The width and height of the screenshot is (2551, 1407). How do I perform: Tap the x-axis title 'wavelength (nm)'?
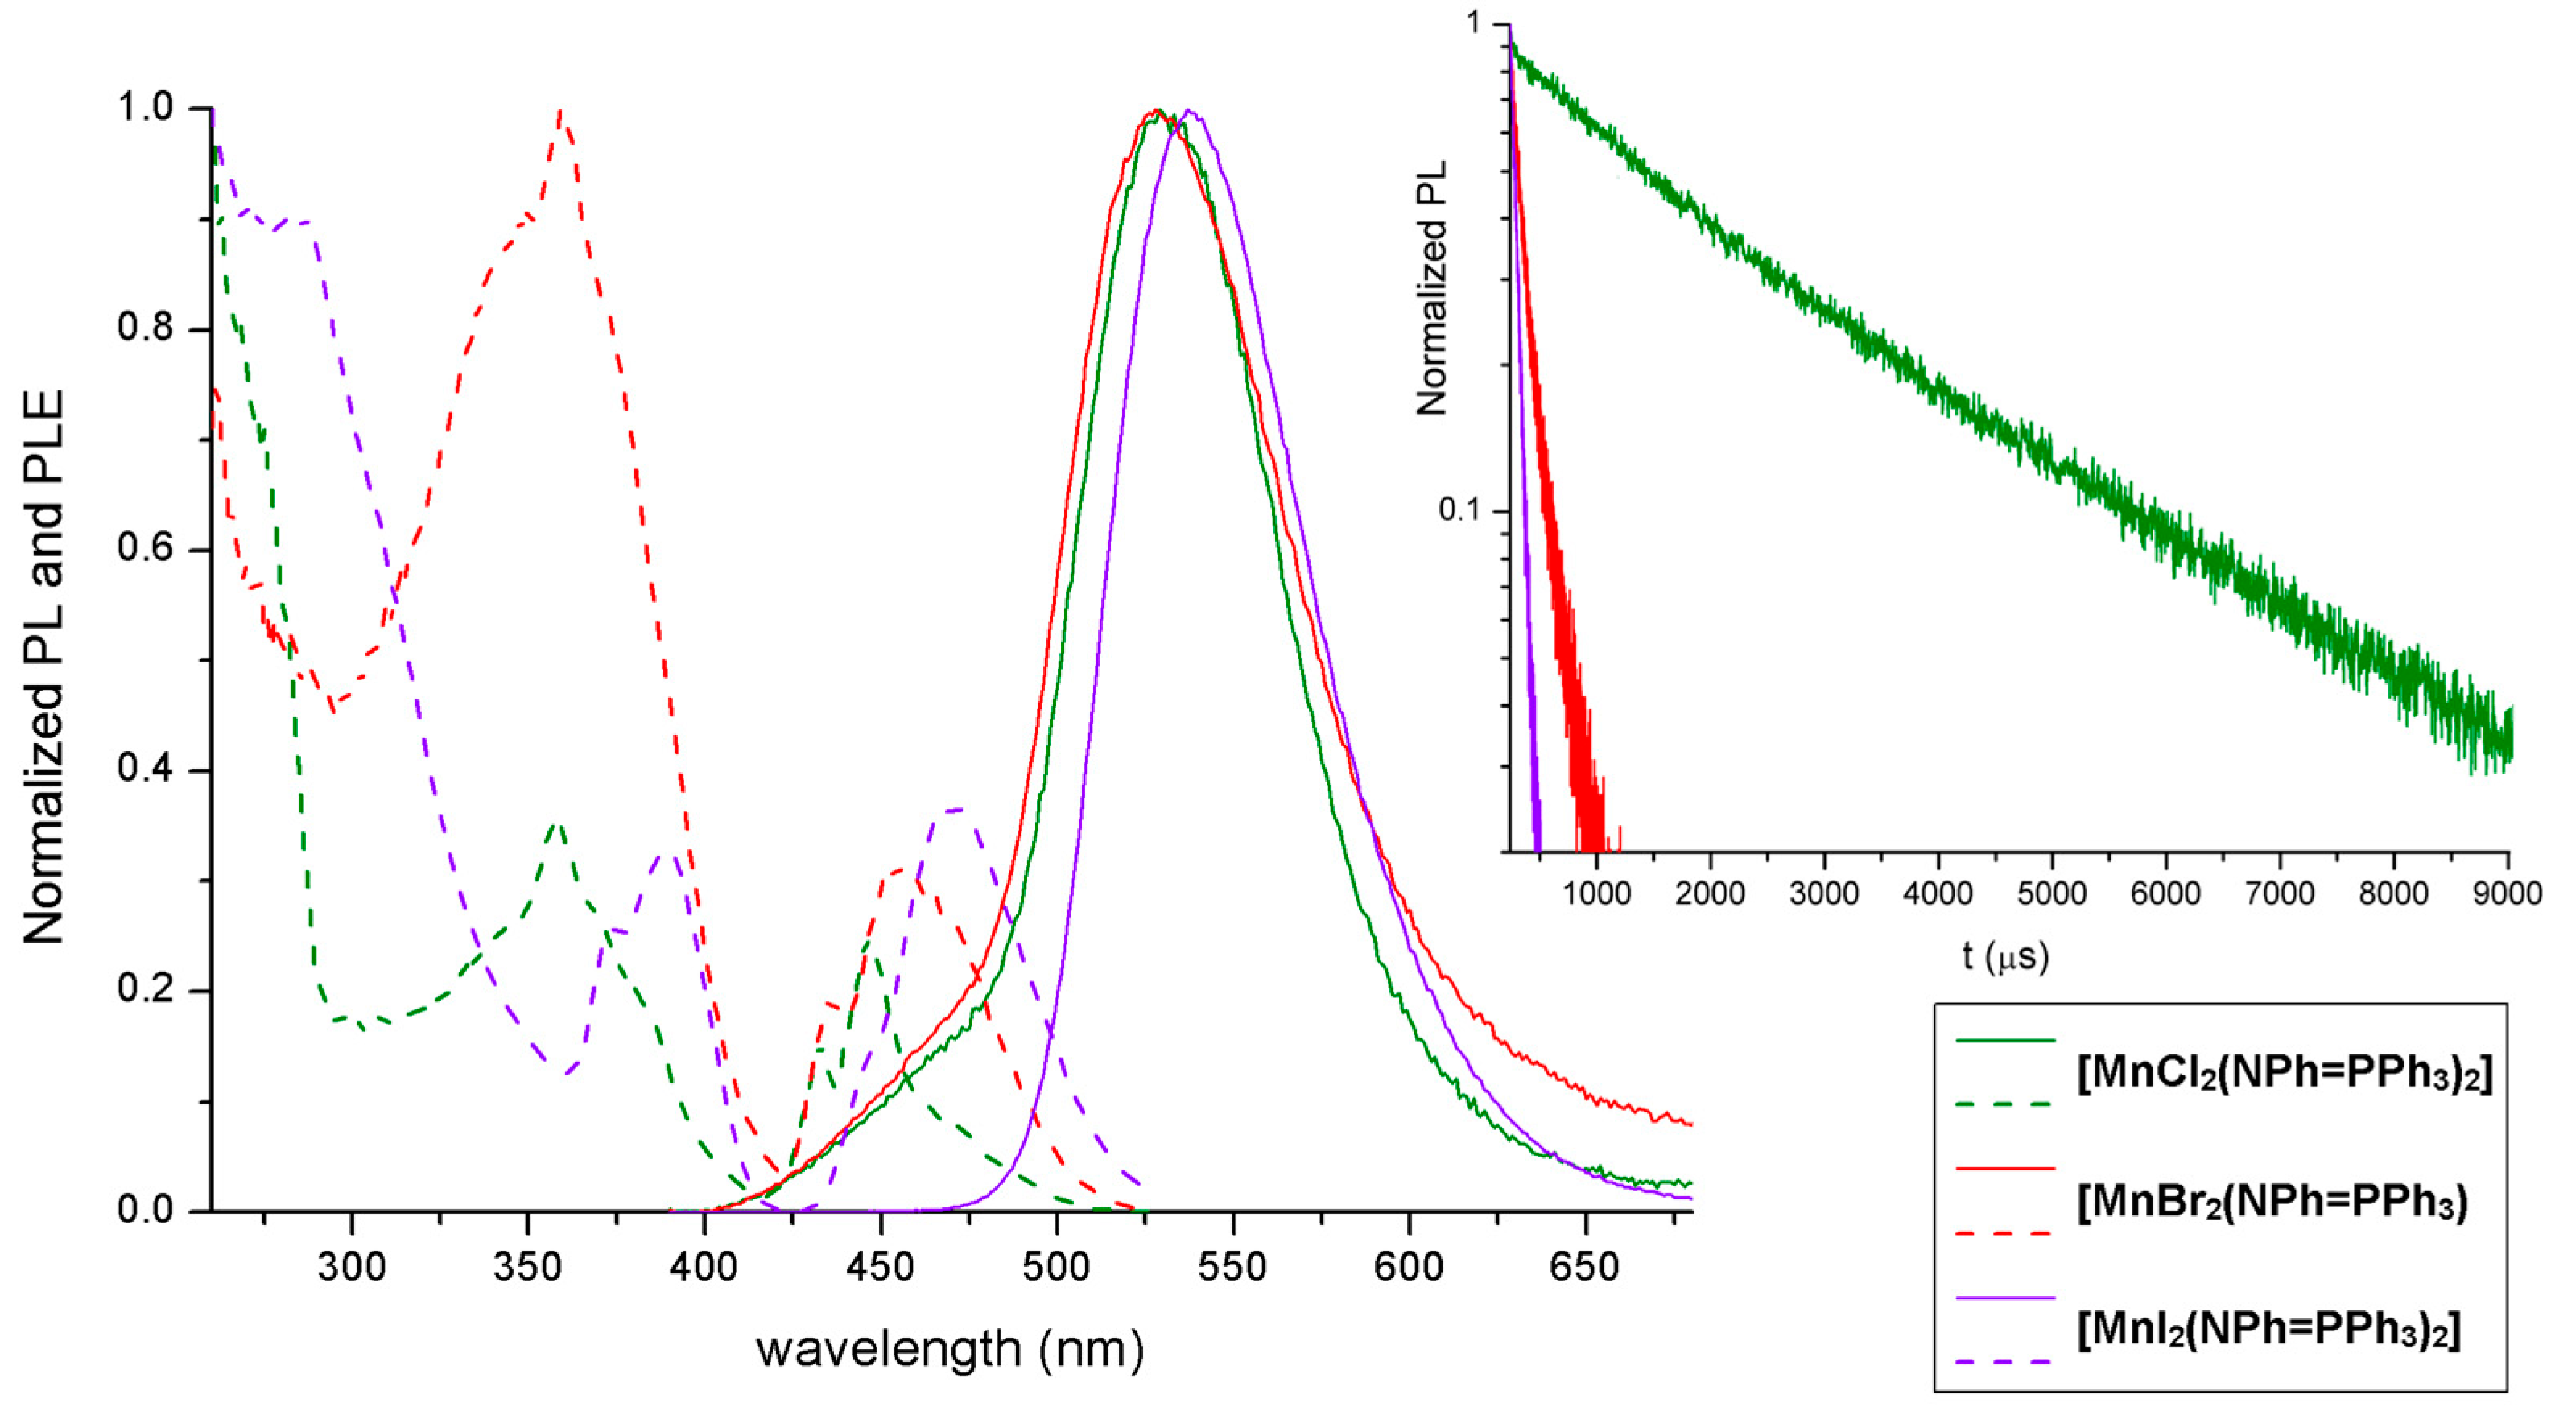950,1348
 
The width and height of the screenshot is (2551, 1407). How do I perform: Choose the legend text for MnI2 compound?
2268,1330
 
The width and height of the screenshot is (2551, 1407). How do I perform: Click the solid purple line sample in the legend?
2005,1297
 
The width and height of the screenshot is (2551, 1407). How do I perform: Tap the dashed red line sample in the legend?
2005,1234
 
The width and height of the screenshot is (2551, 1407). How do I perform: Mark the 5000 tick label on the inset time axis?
2051,894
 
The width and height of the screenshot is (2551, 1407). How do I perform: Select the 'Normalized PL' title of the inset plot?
1432,288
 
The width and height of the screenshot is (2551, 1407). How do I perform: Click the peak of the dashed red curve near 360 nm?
562,112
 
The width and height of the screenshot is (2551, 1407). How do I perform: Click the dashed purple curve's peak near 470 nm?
956,809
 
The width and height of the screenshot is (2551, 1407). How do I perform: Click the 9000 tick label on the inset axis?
2505,894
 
